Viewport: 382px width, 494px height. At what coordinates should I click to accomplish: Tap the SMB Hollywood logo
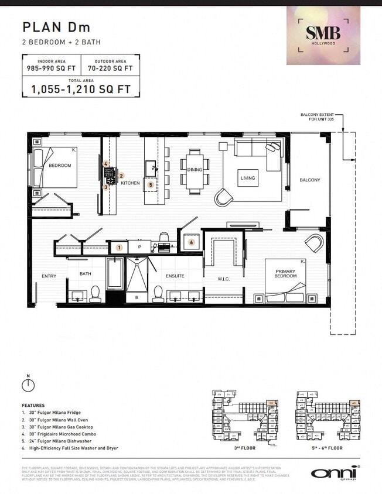323,35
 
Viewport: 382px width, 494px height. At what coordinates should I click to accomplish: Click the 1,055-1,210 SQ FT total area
81,90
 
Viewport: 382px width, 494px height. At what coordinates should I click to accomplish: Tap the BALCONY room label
310,180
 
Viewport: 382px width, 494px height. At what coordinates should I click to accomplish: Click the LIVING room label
248,178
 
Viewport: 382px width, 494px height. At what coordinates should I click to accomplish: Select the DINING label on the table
195,170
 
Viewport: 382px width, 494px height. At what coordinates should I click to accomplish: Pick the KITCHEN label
131,183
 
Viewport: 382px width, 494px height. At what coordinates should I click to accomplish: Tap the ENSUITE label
175,276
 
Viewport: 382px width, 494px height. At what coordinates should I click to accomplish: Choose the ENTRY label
49,276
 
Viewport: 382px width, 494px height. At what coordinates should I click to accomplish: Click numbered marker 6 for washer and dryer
191,242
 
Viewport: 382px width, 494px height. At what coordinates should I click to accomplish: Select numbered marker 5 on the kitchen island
151,184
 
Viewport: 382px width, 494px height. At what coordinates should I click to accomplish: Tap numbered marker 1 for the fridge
119,248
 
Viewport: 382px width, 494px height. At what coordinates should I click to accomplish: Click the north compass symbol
27,385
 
